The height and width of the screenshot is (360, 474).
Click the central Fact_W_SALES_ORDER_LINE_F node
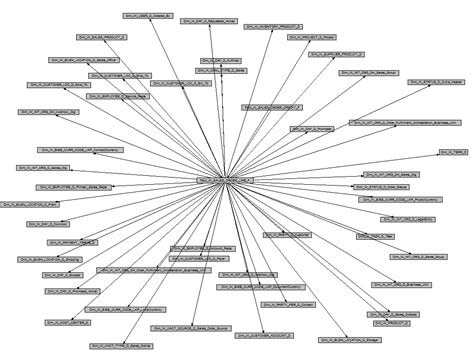pyautogui.click(x=227, y=180)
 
